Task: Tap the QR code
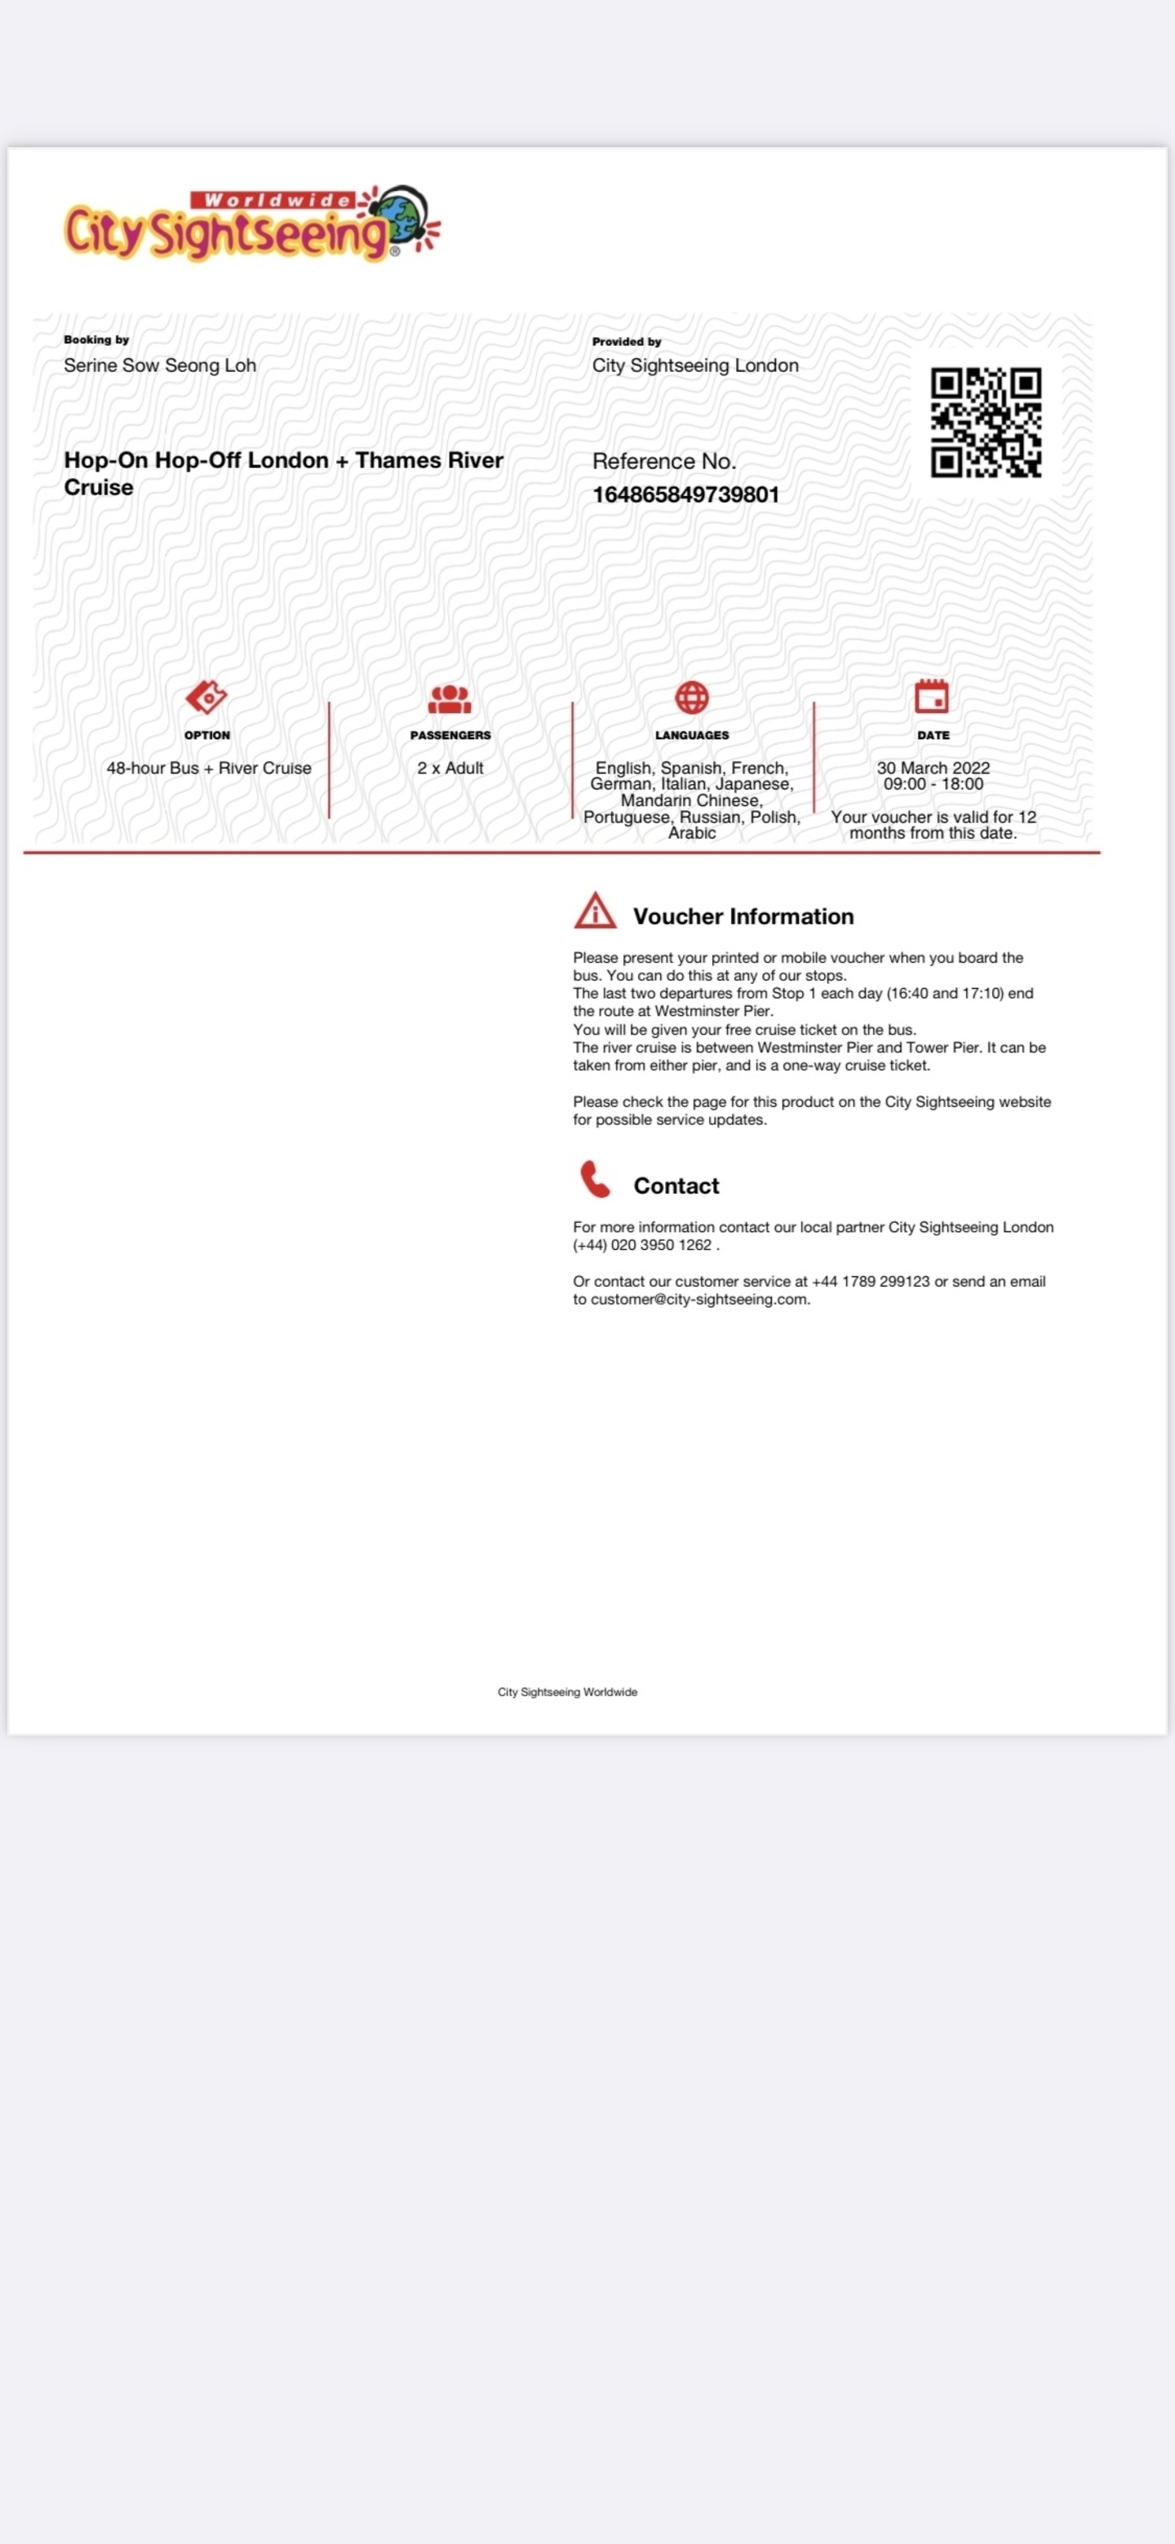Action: [986, 423]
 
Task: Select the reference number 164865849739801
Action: [685, 494]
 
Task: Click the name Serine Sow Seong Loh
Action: [160, 366]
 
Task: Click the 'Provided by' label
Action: [626, 342]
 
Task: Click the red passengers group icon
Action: [450, 699]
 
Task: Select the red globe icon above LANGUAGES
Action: [691, 698]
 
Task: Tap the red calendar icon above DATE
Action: [931, 696]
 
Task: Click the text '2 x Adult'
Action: [450, 769]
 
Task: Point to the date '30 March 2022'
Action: [933, 769]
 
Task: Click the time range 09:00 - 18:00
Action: [933, 784]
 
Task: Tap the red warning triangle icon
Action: [596, 911]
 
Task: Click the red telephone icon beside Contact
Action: [594, 1179]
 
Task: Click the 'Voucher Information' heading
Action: [743, 916]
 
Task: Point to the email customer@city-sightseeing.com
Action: [699, 1300]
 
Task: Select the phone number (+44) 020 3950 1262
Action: [642, 1245]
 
